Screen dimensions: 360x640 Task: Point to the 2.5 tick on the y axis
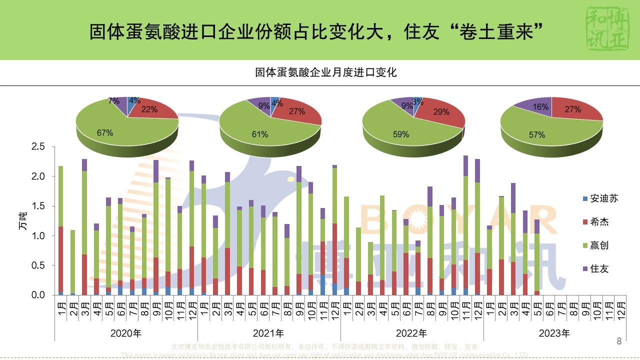(38, 147)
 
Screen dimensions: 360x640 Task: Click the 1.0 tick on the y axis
(38, 236)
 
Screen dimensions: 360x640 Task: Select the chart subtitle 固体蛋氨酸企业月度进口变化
(326, 72)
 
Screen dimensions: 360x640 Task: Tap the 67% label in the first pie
(105, 133)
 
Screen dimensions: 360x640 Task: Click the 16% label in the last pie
(540, 107)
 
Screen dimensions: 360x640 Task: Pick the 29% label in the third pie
(441, 112)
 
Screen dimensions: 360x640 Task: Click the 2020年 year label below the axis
(125, 333)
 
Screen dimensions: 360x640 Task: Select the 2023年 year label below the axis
(554, 333)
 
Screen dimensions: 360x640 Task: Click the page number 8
(619, 342)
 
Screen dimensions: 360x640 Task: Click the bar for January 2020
(60, 230)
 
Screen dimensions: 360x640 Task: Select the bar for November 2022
(465, 225)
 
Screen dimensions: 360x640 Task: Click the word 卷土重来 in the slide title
(494, 32)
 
